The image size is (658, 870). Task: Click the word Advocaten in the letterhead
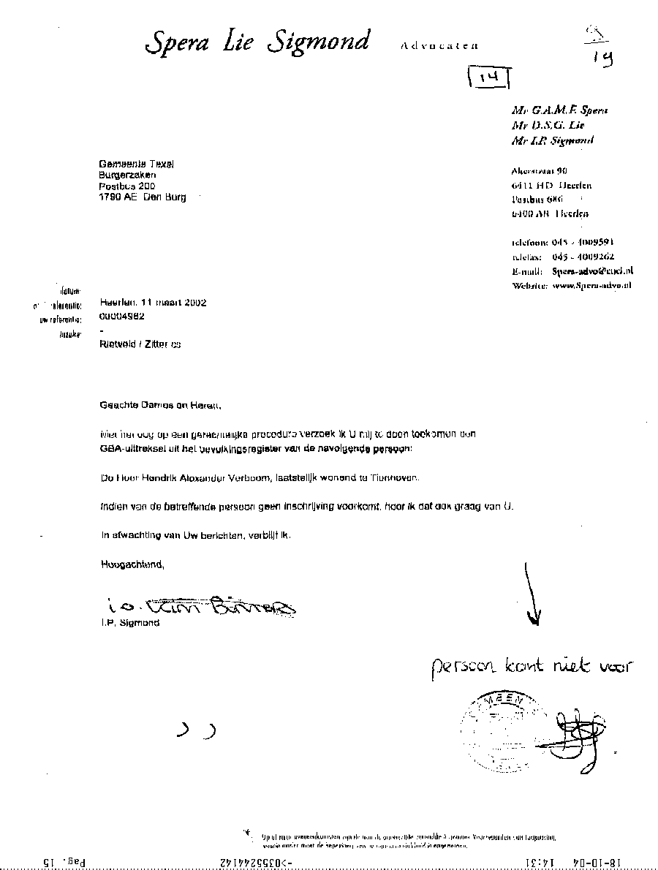click(x=439, y=45)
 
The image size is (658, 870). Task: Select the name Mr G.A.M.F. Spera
click(x=560, y=110)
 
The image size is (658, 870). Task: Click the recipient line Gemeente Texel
click(x=137, y=164)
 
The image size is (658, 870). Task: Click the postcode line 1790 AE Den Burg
click(x=143, y=197)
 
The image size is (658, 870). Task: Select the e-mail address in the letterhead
click(x=592, y=271)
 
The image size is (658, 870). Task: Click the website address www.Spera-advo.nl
click(x=592, y=285)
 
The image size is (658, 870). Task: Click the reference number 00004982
click(x=121, y=317)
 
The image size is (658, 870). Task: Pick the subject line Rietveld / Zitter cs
click(x=140, y=344)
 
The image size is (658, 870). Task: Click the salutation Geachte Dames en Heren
click(x=159, y=404)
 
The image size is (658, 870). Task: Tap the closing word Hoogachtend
click(x=132, y=564)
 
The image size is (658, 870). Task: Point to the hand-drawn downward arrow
click(x=532, y=593)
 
